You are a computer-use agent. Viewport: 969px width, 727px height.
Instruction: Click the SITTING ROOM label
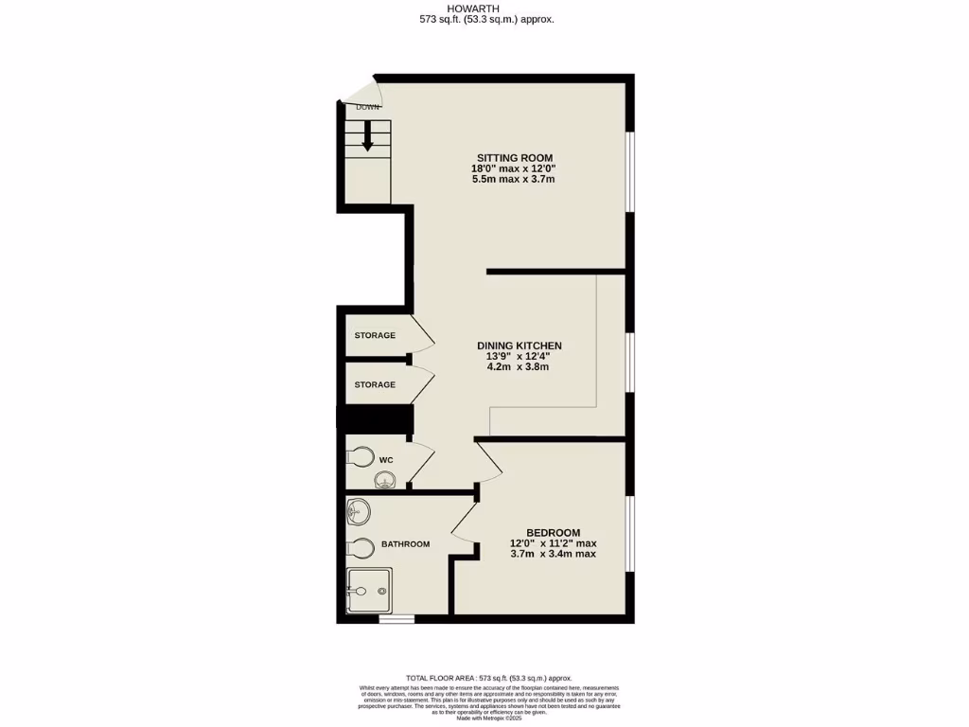point(512,158)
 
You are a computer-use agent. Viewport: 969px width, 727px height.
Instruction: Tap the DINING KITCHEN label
point(520,346)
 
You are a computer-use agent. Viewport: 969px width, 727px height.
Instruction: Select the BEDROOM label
point(554,533)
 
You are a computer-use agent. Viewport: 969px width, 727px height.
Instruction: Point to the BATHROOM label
point(406,544)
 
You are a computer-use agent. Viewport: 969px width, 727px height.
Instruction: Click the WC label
point(386,460)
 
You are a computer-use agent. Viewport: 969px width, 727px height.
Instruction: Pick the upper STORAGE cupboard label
point(375,335)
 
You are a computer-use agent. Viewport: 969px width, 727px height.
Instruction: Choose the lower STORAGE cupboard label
point(375,384)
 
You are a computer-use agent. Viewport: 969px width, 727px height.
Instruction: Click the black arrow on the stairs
point(368,140)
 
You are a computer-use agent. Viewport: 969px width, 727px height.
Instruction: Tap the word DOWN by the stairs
point(368,107)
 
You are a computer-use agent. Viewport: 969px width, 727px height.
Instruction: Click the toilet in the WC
point(360,457)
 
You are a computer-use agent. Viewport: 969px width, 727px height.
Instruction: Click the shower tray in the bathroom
point(369,591)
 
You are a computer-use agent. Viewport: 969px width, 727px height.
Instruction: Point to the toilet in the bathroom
point(359,547)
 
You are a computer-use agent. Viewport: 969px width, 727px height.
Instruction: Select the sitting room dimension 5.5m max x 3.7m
point(512,179)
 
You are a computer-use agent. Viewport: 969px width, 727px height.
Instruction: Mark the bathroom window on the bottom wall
point(396,620)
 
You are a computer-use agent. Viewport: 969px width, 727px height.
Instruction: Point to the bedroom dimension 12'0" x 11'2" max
point(554,543)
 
